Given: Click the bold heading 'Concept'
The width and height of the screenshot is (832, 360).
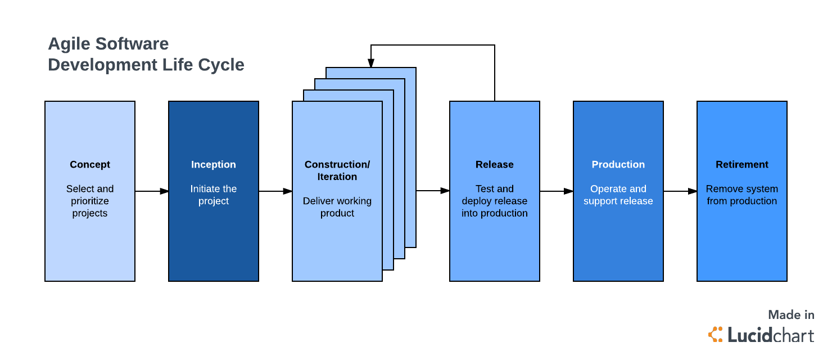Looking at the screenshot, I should point(90,165).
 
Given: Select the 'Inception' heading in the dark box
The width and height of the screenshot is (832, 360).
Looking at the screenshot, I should point(214,165).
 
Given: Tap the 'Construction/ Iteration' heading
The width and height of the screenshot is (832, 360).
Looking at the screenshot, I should point(337,170).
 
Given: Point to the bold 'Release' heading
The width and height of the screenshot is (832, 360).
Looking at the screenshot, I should point(495,165).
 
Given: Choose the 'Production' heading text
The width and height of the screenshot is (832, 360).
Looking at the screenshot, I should point(618,165).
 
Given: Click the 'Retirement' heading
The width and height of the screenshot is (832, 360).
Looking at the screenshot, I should point(742,165).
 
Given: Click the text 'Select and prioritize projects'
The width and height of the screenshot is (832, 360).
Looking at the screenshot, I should point(90,201).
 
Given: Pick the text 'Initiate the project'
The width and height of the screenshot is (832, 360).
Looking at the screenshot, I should point(214,195).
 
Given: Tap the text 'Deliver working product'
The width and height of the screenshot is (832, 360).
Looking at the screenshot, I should point(337,207).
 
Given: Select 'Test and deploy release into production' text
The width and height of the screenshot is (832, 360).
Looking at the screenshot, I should point(495,201).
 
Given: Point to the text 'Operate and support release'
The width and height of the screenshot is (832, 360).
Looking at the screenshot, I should point(618,195).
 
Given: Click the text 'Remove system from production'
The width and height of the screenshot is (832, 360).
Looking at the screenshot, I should point(742,195).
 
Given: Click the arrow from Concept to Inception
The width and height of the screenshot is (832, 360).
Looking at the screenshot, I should point(152,191).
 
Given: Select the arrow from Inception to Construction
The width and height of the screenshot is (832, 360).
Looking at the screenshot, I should point(275,191).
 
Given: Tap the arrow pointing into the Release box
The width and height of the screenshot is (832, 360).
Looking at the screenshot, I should point(433,191).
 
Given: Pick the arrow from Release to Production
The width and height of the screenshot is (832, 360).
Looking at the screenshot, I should point(557,191).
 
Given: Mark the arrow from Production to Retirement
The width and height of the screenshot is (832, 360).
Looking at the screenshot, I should point(680,191).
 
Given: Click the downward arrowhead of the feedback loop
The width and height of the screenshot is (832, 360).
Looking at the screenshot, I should point(371,62).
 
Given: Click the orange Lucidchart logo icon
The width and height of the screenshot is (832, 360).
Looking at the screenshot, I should point(716,334).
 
